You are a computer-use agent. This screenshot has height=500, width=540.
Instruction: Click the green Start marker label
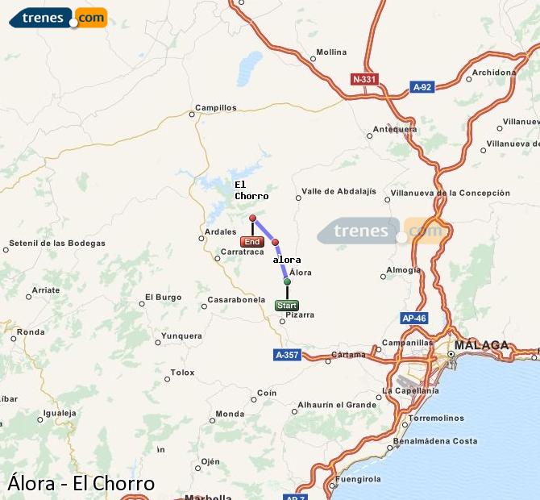(287, 306)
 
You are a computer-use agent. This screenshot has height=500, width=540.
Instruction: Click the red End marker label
(251, 242)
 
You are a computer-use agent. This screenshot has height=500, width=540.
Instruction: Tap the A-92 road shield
(422, 87)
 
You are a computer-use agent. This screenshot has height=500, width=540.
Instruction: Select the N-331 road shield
(364, 79)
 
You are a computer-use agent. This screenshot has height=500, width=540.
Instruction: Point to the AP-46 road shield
(413, 319)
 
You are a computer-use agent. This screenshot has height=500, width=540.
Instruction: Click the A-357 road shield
(288, 355)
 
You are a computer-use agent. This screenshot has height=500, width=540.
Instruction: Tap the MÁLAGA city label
(482, 345)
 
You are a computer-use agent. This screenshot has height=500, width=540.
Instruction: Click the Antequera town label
(395, 129)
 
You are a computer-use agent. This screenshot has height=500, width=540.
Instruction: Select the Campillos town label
(216, 107)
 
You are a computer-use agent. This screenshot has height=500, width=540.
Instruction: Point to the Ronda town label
(31, 331)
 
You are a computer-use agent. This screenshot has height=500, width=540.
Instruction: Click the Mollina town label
(331, 52)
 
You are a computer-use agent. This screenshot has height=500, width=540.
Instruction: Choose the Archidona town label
(493, 73)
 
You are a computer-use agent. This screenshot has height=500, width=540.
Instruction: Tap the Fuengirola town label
(359, 479)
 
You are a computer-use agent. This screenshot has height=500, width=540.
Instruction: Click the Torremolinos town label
(436, 419)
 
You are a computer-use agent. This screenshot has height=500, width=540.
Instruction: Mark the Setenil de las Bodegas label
(56, 244)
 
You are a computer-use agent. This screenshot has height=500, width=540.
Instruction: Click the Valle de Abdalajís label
(339, 192)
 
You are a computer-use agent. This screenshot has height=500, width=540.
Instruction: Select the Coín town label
(266, 393)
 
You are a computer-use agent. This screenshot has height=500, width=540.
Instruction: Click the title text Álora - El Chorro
(81, 483)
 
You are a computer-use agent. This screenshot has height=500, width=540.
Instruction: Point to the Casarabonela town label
(236, 300)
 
